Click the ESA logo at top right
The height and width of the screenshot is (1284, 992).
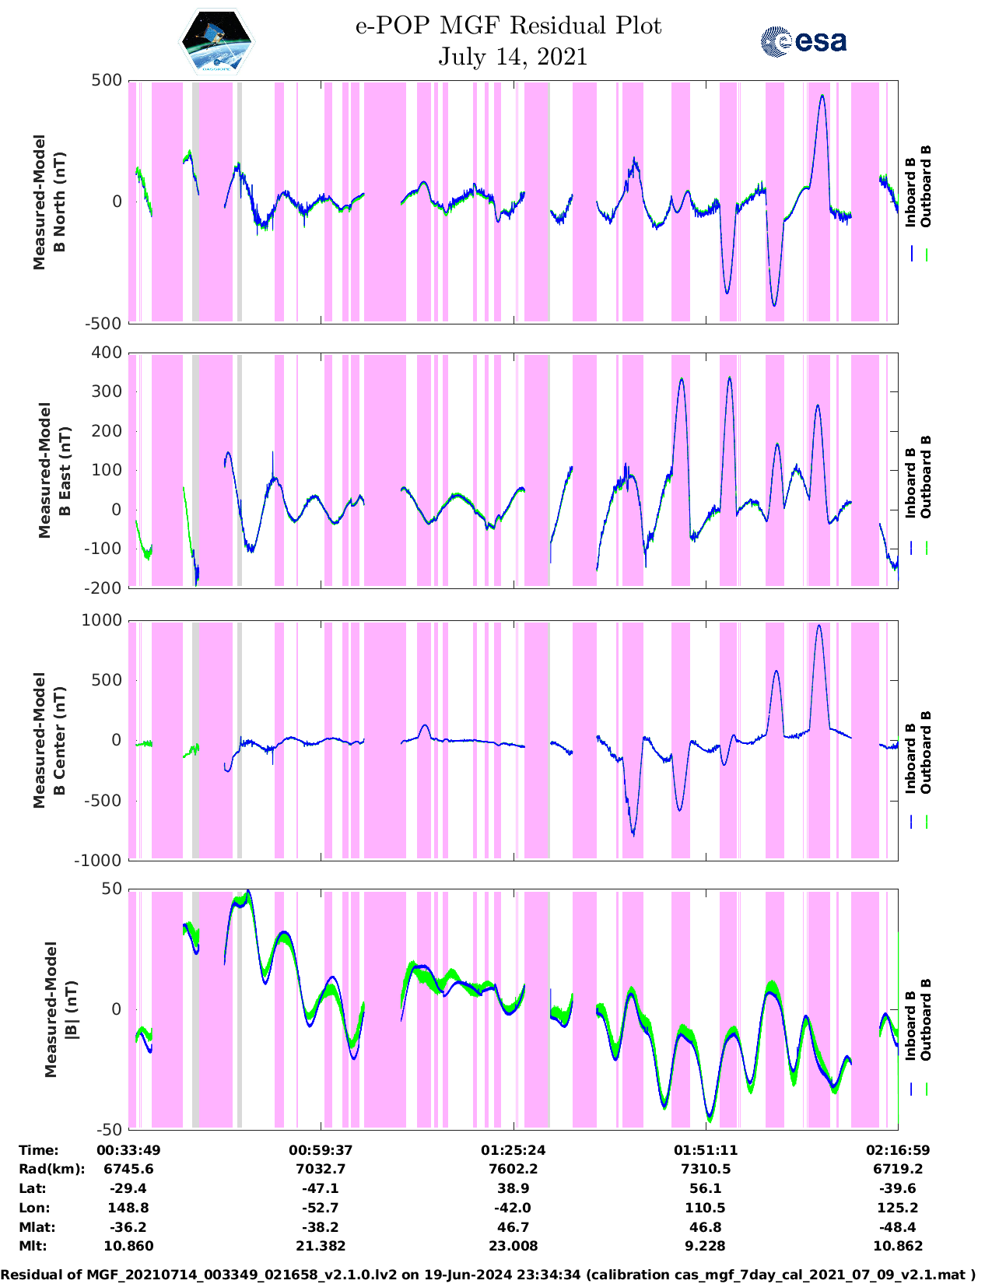point(803,41)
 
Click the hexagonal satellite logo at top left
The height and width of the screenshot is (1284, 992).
point(216,41)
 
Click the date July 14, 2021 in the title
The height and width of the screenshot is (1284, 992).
point(512,57)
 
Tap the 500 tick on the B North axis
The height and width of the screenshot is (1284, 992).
point(107,80)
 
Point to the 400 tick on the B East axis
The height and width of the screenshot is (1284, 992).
point(107,353)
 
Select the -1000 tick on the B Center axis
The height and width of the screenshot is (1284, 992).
point(98,860)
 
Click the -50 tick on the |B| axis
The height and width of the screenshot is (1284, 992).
point(109,1129)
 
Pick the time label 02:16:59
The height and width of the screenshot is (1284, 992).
point(897,1150)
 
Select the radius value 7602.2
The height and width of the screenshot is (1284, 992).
point(513,1169)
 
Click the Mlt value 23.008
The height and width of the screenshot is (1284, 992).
point(513,1246)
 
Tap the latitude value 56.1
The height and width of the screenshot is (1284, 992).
point(705,1188)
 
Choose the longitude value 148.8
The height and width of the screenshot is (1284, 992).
point(128,1208)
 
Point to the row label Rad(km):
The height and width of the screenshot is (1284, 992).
point(51,1169)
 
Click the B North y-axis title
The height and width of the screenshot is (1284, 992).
point(49,202)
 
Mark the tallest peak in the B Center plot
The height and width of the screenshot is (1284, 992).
point(818,626)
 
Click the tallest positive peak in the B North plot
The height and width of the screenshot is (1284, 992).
point(822,96)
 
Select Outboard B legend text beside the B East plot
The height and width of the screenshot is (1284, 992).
point(926,476)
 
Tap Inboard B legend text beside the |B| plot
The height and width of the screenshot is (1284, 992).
point(910,1025)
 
